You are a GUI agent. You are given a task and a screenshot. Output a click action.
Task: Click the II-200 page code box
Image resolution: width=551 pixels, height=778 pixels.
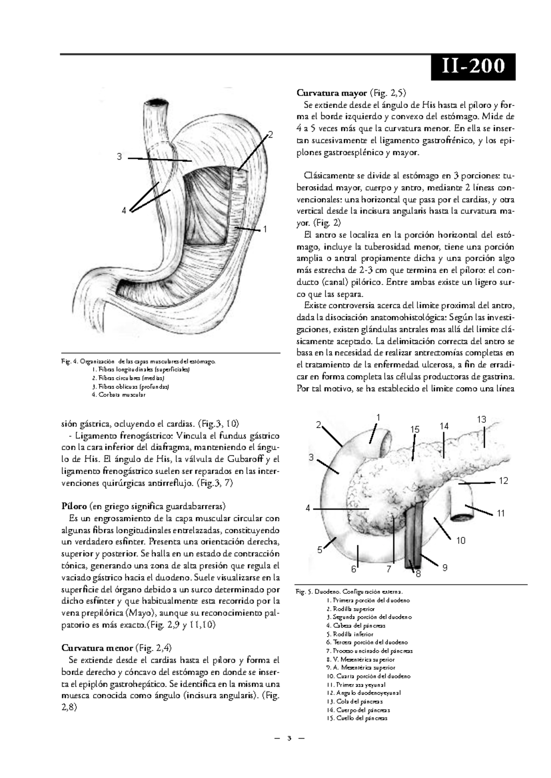[x=472, y=67]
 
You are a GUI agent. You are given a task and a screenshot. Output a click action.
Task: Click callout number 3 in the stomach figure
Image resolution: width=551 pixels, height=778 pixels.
[x=119, y=157]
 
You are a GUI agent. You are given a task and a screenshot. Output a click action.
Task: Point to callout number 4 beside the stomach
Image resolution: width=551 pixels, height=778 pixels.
[x=124, y=211]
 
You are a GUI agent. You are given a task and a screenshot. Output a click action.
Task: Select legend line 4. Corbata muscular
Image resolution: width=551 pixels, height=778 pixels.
[x=118, y=395]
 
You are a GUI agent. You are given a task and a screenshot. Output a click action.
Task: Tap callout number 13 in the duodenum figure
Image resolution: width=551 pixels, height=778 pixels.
[x=481, y=419]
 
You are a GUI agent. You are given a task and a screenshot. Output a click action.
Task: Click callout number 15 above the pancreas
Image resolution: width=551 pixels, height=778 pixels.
[x=415, y=430]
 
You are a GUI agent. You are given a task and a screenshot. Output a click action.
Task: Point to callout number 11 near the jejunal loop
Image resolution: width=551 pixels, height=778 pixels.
[x=500, y=513]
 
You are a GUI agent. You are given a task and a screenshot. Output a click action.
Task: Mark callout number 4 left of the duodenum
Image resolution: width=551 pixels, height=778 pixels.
[x=308, y=508]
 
